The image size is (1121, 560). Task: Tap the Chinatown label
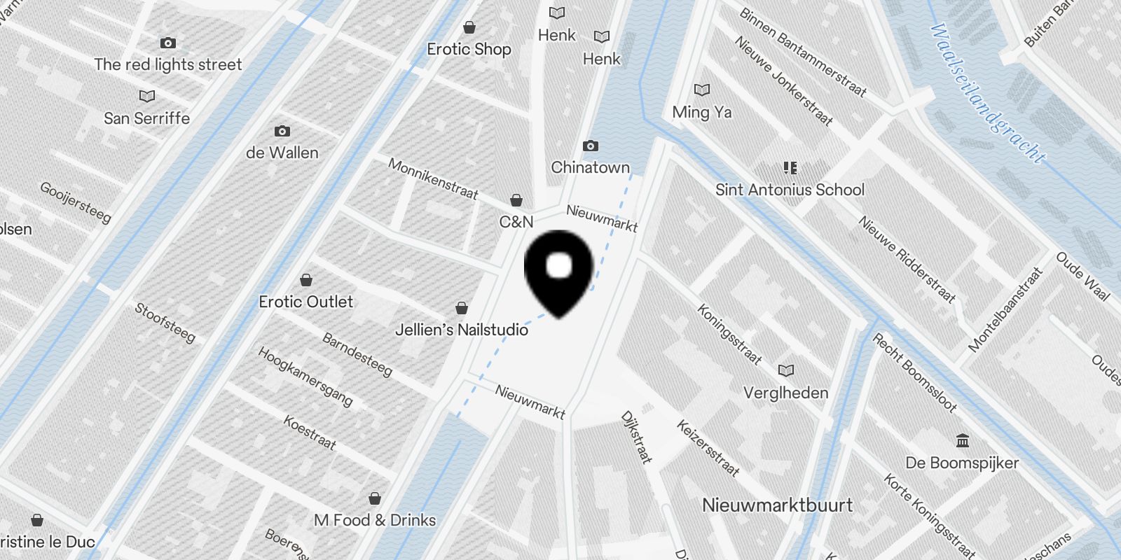[590, 167]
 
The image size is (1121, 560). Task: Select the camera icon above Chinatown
[591, 146]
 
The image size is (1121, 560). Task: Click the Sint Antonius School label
[790, 190]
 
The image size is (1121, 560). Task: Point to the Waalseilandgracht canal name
[988, 93]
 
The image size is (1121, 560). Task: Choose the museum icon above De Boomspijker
[963, 441]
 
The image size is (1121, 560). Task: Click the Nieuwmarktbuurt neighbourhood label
[777, 505]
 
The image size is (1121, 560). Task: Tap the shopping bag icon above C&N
[516, 200]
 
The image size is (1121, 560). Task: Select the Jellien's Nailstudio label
[462, 330]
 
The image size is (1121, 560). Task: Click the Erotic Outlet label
[306, 302]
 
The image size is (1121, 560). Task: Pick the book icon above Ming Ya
[701, 90]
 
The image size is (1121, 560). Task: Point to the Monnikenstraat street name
[433, 178]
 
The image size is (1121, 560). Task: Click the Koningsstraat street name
[729, 334]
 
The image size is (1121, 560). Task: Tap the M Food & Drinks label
[375, 520]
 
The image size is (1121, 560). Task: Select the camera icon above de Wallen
[282, 131]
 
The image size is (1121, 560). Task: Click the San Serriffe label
[146, 118]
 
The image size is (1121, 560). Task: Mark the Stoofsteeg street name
[165, 322]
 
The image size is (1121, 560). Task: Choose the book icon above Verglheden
[786, 370]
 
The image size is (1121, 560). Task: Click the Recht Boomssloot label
[914, 372]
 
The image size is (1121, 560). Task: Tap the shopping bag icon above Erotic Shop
[469, 27]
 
